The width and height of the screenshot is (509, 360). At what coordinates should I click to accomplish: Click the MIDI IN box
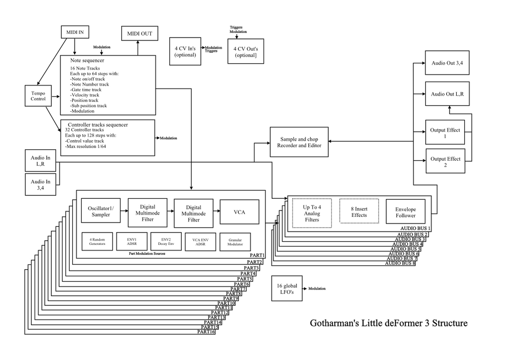point(75,32)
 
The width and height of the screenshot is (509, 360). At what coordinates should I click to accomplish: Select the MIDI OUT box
point(139,33)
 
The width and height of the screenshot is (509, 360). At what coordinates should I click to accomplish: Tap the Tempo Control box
point(38,96)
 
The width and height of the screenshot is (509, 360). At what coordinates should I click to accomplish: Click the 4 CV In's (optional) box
point(185,51)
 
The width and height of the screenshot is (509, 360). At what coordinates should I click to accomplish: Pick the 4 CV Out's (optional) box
point(246,51)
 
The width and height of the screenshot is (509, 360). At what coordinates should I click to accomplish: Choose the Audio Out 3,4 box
point(447,63)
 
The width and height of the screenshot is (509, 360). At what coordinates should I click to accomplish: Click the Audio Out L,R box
point(447,94)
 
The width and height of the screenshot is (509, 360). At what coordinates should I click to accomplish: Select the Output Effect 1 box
point(445,132)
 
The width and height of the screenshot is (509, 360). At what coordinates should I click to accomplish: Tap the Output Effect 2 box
point(445,161)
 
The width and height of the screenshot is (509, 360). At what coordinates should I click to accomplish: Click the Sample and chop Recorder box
point(299,142)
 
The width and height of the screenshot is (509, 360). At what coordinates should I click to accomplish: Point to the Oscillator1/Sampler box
point(101,211)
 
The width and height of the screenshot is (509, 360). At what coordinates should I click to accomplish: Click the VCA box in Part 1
point(240,212)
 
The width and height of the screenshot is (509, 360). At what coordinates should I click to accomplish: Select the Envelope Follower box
point(405,212)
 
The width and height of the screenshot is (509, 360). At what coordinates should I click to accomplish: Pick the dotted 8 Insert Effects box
point(359,211)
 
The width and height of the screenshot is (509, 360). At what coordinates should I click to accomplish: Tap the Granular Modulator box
point(235,242)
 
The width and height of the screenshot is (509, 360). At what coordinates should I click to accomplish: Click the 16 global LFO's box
point(287,289)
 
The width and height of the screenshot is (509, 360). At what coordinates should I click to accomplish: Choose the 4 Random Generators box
point(97,242)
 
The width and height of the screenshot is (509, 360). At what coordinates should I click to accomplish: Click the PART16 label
point(206,332)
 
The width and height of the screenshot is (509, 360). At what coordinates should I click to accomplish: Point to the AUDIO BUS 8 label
point(400,263)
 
